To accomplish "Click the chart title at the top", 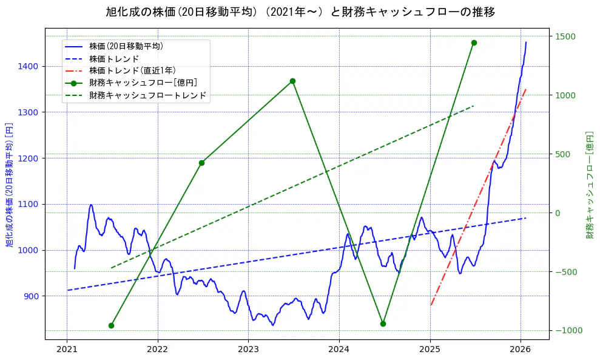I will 300,12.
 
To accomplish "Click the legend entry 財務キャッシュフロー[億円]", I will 143,83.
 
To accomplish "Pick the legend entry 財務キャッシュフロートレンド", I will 147,95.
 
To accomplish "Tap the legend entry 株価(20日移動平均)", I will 126,46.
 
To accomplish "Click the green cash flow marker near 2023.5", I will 292,81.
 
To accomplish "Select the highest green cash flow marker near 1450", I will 474,42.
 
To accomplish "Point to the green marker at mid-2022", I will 201,163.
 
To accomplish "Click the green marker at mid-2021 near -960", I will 111,325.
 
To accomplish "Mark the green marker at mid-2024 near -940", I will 383,324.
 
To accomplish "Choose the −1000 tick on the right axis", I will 567,330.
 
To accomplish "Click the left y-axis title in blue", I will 10,183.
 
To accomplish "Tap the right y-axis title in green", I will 590,183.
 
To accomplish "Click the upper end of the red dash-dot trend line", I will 525,89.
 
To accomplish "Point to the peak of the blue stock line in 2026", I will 526,42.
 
